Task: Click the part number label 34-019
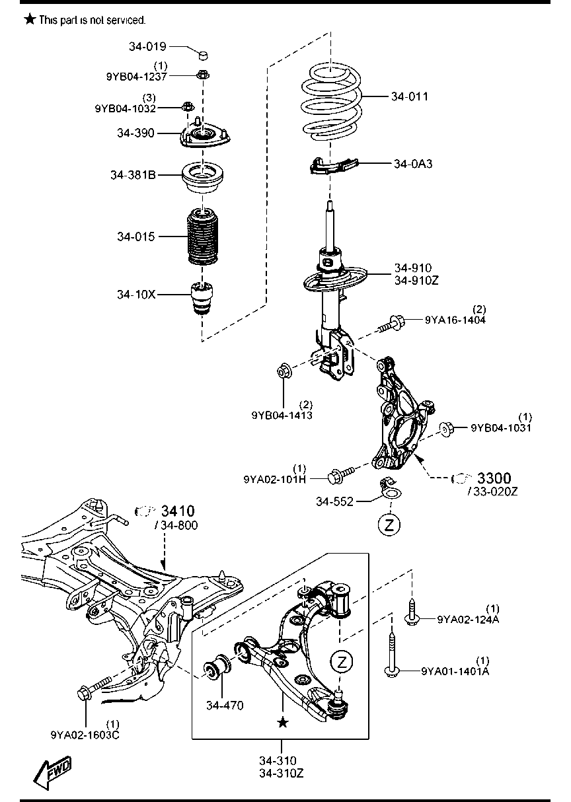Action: pyautogui.click(x=147, y=46)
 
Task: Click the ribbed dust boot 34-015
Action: pyautogui.click(x=202, y=237)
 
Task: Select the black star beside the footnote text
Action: pyautogui.click(x=30, y=20)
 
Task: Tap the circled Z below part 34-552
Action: pyautogui.click(x=390, y=525)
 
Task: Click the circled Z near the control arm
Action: pyautogui.click(x=341, y=661)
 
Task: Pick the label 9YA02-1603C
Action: pyautogui.click(x=85, y=734)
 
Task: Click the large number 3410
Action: pyautogui.click(x=178, y=511)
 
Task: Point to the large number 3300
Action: pyautogui.click(x=494, y=478)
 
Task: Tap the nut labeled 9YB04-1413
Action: pyautogui.click(x=285, y=373)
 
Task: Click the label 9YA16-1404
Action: pyautogui.click(x=455, y=320)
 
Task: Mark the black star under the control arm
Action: pyautogui.click(x=283, y=723)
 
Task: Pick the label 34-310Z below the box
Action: pyautogui.click(x=281, y=773)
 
